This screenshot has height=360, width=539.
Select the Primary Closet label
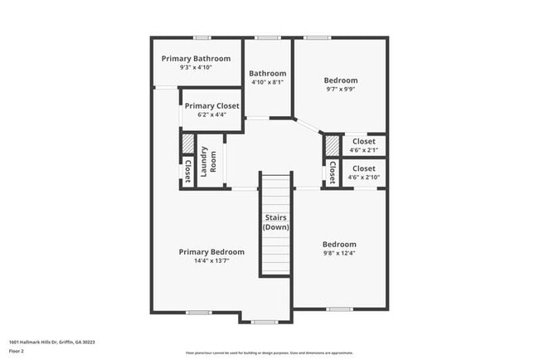coord(211,106)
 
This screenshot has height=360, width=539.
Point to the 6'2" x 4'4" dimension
coord(211,115)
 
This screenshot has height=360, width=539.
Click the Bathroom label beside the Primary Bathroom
coord(268,73)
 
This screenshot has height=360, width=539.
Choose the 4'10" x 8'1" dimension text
coord(268,82)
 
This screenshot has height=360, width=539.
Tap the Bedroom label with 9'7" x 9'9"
coord(340,80)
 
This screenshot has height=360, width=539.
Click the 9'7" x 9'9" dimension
coord(340,90)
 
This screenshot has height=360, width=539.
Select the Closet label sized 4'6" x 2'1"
coord(363,142)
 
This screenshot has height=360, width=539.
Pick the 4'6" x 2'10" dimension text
coord(363,177)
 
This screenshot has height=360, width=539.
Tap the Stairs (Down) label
coord(275,222)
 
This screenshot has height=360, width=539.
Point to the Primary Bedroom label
coord(211,252)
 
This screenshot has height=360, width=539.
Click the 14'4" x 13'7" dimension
coord(211,261)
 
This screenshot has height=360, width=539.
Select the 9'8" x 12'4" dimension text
coord(339,254)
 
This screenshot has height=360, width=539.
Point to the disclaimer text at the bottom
coord(269,352)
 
